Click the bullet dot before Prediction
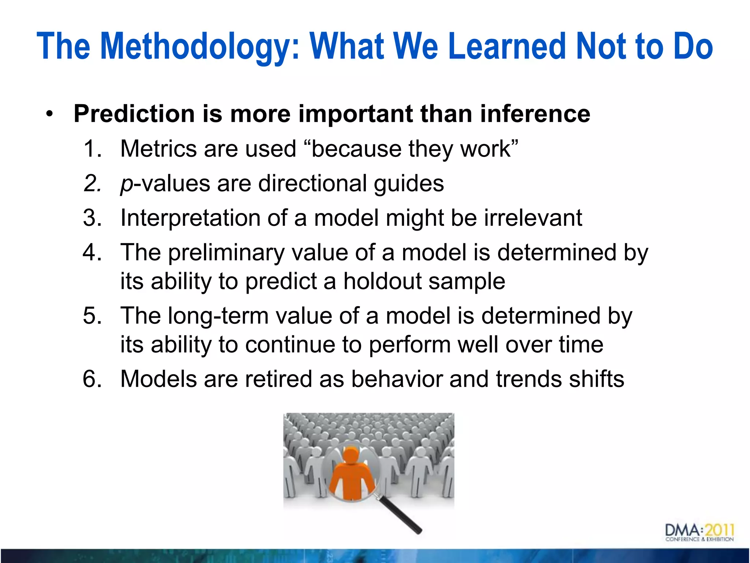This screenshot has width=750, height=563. click(49, 114)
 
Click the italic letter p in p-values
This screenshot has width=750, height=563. click(126, 184)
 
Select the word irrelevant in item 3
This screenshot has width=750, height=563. click(533, 218)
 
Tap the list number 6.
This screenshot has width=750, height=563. click(92, 379)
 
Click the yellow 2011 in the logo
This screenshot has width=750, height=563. click(720, 530)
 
